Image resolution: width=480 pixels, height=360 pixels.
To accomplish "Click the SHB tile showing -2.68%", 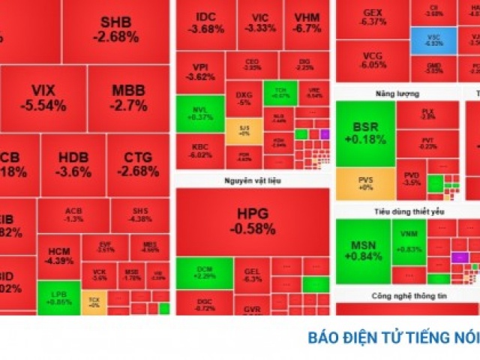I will pos(119,30).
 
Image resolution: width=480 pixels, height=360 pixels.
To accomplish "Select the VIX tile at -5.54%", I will pos(43,98).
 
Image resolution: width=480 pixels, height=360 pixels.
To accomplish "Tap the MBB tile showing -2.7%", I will pos(128,98).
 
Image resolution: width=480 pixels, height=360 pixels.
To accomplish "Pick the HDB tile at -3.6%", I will pos(73,165).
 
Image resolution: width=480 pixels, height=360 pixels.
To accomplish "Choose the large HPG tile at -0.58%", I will pos(252,221).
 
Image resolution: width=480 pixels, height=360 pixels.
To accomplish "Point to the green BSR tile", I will pos(365,133).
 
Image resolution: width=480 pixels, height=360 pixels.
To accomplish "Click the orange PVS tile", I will pos(365,184).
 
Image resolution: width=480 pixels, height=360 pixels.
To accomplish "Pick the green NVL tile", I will pos(200,112).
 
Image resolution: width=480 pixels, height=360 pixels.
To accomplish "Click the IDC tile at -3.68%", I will pos(205,23).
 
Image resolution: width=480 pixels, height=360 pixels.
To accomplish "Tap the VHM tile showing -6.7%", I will pos(307,23).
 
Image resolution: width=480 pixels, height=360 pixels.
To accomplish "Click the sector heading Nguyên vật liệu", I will pos(252,181).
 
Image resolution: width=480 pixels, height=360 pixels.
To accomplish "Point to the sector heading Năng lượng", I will pos(397,94).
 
